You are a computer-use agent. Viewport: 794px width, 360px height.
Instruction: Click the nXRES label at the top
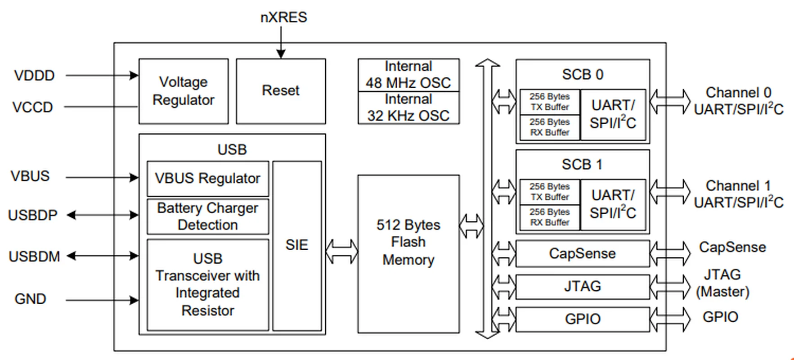(283, 17)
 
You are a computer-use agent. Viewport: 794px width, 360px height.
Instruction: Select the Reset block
(281, 90)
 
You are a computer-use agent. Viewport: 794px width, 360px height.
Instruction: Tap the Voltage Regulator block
(183, 90)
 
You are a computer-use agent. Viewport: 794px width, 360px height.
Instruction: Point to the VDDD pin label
(34, 75)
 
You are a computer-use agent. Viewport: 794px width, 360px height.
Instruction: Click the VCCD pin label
(32, 107)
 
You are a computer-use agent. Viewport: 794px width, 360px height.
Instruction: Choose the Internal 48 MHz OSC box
(408, 75)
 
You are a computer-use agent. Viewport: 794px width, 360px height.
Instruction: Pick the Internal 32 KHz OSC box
(408, 108)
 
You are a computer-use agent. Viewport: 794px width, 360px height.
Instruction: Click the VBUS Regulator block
(207, 178)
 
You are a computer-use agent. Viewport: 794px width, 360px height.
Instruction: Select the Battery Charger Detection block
(207, 216)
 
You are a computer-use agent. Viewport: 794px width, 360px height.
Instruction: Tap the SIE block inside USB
(297, 245)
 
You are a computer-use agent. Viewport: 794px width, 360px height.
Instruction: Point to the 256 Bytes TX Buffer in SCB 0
(549, 102)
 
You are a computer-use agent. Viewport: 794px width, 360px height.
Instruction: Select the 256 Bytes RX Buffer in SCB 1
(549, 217)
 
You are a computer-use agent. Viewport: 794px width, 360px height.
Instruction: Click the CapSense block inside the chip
(582, 253)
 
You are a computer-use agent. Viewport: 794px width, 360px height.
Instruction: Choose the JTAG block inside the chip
(582, 286)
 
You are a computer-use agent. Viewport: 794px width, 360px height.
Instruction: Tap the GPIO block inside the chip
(582, 319)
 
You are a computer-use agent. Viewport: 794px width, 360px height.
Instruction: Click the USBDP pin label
(32, 215)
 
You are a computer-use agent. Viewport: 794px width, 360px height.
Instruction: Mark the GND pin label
(30, 299)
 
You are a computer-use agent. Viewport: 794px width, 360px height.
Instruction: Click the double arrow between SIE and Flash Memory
(341, 252)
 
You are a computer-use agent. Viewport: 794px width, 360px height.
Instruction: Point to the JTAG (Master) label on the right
(722, 283)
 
